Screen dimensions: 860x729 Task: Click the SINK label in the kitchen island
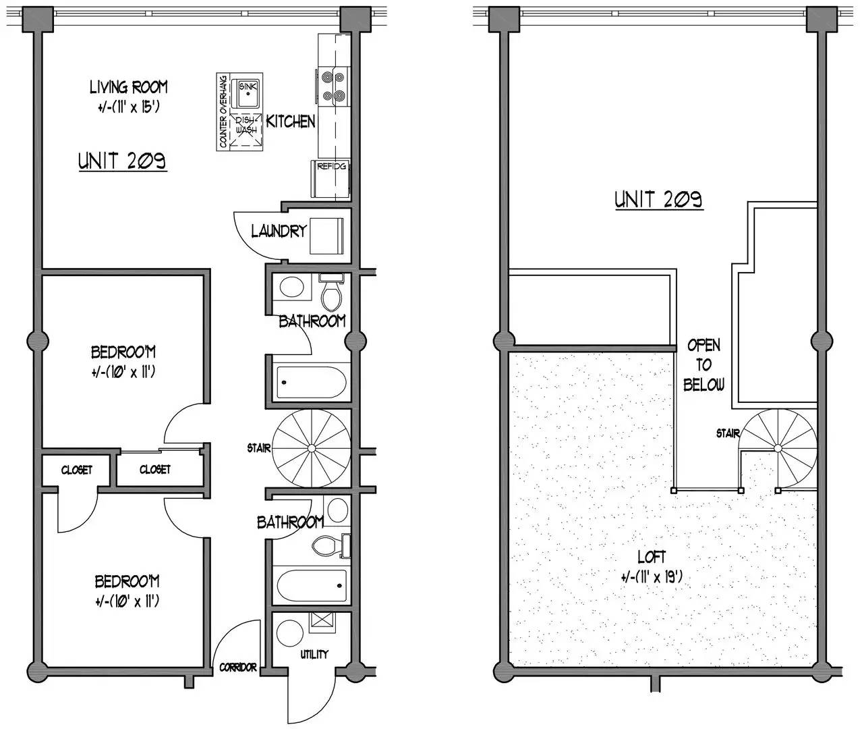(x=248, y=86)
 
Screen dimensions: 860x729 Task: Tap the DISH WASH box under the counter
(x=246, y=130)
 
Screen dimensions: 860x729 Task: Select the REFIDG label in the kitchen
(x=331, y=167)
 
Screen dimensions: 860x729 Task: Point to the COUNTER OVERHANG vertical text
(x=223, y=111)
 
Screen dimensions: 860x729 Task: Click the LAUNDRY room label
(x=279, y=231)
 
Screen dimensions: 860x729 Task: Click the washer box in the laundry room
(x=326, y=236)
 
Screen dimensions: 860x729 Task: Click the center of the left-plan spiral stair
(x=311, y=448)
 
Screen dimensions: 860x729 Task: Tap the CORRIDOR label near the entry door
(x=238, y=668)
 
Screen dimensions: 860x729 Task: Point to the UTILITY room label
(x=314, y=655)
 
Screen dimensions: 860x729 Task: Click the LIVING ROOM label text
(x=129, y=88)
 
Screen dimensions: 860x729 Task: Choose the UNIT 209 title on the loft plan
(x=659, y=199)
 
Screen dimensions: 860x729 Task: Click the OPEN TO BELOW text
(x=704, y=365)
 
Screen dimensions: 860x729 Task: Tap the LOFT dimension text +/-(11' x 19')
(x=652, y=577)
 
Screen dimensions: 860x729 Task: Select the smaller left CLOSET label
(x=76, y=470)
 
